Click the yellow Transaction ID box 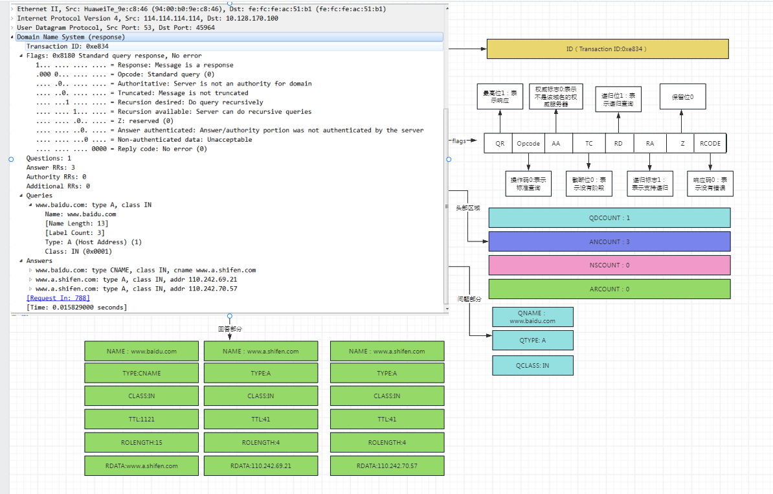point(607,49)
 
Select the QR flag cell point(499,144)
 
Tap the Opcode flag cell point(528,144)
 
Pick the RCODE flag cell point(710,144)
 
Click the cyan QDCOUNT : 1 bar point(609,218)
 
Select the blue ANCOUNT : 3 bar point(609,241)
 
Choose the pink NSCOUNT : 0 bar point(609,265)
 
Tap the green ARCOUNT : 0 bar point(609,289)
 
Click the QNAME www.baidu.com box point(532,317)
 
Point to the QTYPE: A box point(532,340)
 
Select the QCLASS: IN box point(532,365)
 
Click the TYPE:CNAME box point(142,373)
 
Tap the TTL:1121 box point(142,419)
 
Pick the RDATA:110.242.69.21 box point(261,466)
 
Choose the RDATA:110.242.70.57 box point(387,466)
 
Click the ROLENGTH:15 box point(142,442)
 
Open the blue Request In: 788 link point(58,298)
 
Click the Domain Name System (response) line point(71,37)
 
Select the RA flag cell point(650,144)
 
